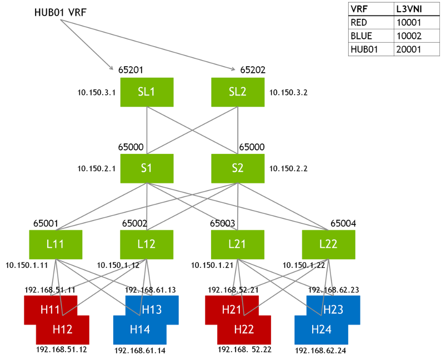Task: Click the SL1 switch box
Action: pyautogui.click(x=147, y=91)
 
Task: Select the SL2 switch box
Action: pyautogui.click(x=238, y=91)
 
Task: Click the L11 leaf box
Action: pyautogui.click(x=56, y=243)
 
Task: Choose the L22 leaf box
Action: pyautogui.click(x=329, y=243)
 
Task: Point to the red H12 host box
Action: pyautogui.click(x=62, y=330)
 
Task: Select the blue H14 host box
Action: pyautogui.click(x=139, y=330)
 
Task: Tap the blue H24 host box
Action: pyautogui.click(x=321, y=330)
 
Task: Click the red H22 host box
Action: pyautogui.click(x=244, y=330)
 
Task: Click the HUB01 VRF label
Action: pyautogui.click(x=61, y=12)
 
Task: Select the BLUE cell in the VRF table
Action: pyautogui.click(x=362, y=36)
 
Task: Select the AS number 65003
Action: pyautogui.click(x=222, y=223)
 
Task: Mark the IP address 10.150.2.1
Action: pyautogui.click(x=96, y=168)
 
